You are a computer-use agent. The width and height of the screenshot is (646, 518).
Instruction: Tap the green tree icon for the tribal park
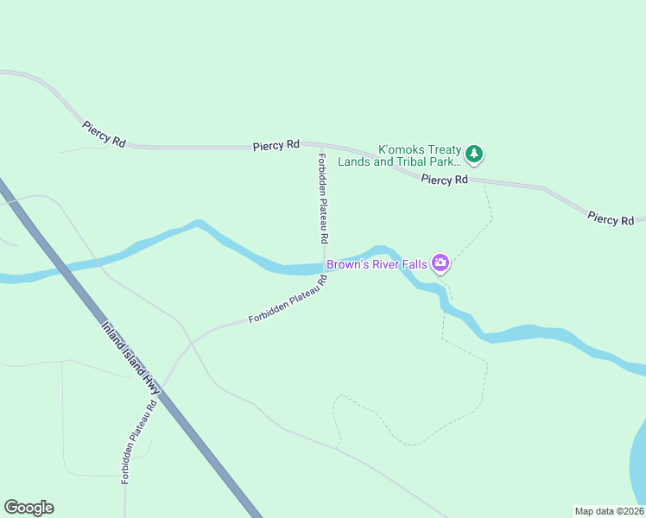pyautogui.click(x=473, y=155)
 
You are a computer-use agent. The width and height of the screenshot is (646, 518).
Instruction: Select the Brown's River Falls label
pyautogui.click(x=377, y=264)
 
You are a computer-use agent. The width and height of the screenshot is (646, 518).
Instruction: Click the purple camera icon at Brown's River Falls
pyautogui.click(x=440, y=263)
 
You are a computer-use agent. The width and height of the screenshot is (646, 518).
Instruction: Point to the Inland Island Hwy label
pyautogui.click(x=132, y=358)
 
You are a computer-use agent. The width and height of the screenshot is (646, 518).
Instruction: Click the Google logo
pyautogui.click(x=28, y=508)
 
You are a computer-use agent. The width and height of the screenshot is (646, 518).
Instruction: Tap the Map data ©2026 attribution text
pyautogui.click(x=609, y=511)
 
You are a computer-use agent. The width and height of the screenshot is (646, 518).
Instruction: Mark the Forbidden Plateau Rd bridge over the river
pyautogui.click(x=324, y=268)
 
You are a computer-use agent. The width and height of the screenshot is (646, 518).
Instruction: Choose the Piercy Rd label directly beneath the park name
pyautogui.click(x=444, y=180)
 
